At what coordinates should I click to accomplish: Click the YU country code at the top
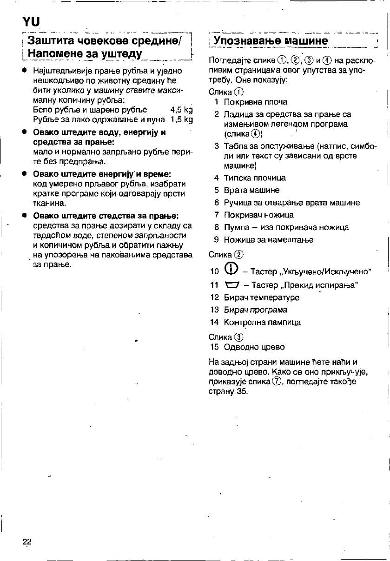click(x=32, y=21)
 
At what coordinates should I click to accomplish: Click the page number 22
click(x=27, y=541)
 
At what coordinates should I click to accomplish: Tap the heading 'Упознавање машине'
click(x=271, y=40)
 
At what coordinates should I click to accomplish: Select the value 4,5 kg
click(x=181, y=110)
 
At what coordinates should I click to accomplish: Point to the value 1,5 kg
click(x=181, y=120)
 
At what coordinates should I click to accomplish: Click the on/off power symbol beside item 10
click(x=231, y=270)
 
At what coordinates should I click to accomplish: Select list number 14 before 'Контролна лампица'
click(x=214, y=322)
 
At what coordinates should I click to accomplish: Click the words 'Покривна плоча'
click(x=256, y=102)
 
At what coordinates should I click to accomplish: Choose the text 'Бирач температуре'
click(x=262, y=297)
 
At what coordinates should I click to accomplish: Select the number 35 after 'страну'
click(x=241, y=391)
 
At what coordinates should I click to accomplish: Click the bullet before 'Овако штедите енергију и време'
click(x=23, y=174)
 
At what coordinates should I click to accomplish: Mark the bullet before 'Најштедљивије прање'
click(x=23, y=71)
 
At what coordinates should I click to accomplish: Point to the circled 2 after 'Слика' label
click(x=239, y=255)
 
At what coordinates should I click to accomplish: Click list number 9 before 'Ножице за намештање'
click(x=216, y=240)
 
